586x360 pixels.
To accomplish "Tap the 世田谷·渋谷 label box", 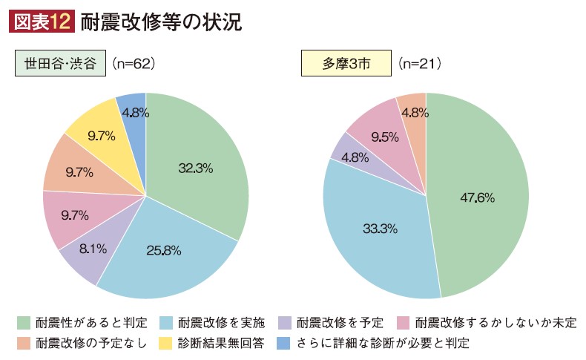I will tap(60, 64).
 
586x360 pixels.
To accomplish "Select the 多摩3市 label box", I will tap(345, 64).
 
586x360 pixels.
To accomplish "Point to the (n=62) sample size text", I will tap(133, 65).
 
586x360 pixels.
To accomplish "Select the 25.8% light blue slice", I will tap(162, 249).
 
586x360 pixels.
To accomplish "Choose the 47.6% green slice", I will tap(478, 199).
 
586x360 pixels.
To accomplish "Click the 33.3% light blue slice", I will tap(375, 228).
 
